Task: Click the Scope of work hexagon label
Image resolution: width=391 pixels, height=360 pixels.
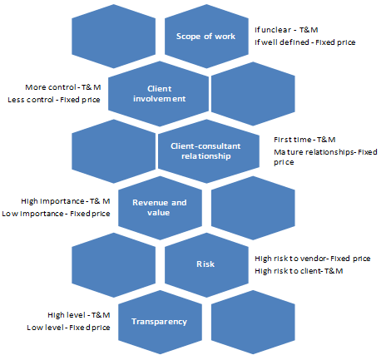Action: (205, 37)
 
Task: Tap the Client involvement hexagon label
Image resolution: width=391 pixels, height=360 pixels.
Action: (160, 94)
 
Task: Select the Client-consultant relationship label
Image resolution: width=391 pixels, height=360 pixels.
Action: (205, 151)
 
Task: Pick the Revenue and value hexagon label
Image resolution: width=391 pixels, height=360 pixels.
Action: (160, 208)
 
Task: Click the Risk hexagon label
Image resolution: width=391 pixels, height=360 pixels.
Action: (205, 264)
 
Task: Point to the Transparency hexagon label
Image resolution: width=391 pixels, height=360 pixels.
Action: (159, 322)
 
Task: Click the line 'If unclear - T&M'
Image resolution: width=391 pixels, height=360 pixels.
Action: (286, 30)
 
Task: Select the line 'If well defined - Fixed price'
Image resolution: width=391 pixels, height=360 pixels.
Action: (305, 42)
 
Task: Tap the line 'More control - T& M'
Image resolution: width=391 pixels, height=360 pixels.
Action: (63, 87)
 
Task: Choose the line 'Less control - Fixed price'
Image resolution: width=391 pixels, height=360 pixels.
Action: (54, 100)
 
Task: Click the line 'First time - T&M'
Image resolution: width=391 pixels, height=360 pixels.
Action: (304, 140)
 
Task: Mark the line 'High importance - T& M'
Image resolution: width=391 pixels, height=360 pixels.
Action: (66, 201)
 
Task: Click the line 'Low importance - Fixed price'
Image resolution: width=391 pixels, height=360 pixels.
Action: (56, 214)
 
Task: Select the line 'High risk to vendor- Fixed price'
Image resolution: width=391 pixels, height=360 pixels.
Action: (313, 259)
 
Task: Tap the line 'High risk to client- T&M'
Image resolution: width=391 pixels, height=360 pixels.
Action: (299, 271)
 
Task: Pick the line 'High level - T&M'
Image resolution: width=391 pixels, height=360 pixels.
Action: (79, 315)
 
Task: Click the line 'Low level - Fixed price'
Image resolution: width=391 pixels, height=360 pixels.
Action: (68, 328)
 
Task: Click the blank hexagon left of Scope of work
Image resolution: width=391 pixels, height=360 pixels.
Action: (114, 37)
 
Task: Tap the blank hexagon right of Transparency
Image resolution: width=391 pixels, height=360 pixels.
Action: (253, 322)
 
